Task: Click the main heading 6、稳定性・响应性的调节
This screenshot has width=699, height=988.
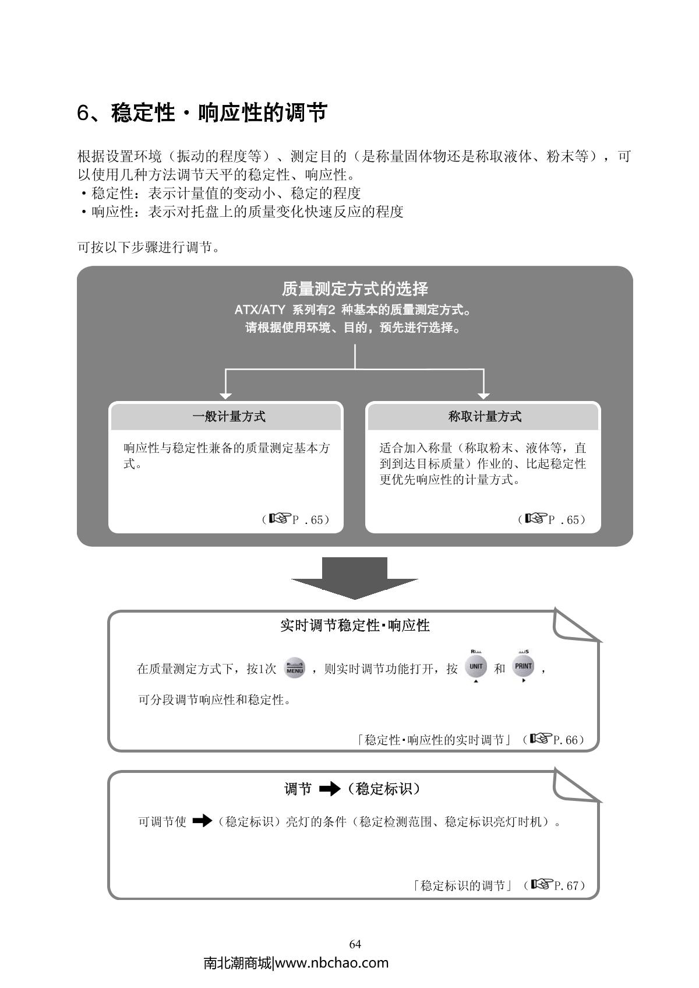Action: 202,112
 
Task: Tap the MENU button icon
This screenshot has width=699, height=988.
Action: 295,668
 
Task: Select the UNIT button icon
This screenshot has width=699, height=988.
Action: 476,666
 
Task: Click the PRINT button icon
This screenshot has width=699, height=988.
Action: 523,666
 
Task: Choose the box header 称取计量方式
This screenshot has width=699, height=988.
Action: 483,417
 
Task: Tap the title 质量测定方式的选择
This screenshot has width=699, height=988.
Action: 355,289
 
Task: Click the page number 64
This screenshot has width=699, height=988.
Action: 355,944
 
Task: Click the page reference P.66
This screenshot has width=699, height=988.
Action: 565,740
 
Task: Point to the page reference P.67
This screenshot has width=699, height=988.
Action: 566,886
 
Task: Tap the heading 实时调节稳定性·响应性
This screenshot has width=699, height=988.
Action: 355,626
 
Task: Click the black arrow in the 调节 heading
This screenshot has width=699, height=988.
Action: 330,790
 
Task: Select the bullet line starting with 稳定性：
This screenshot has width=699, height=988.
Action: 220,193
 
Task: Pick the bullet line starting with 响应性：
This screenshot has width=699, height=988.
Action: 241,212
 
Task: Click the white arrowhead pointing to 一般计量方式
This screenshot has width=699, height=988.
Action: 226,395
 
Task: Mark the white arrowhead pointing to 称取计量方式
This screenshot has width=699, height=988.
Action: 483,395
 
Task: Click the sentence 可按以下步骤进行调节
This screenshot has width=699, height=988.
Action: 149,247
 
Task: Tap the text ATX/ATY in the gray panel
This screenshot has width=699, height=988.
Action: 260,310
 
